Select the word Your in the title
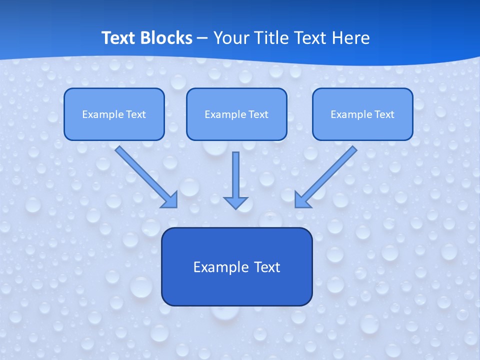click(x=231, y=38)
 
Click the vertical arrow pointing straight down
click(x=236, y=175)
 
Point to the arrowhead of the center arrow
click(x=236, y=202)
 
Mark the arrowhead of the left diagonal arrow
click(x=170, y=200)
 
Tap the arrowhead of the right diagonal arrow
click(x=302, y=200)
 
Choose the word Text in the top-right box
click(x=384, y=114)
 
